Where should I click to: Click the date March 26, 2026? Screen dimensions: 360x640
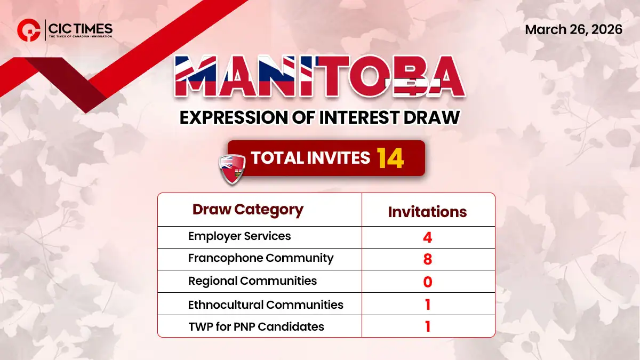coord(573,29)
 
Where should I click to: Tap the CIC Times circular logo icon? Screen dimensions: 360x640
coord(28,30)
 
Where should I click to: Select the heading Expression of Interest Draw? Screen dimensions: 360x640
coord(319,117)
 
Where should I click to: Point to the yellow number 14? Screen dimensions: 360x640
coord(390,158)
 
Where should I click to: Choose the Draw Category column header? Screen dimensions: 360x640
coord(247,210)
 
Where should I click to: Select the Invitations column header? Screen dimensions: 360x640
coord(427,212)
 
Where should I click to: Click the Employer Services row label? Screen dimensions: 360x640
coord(239,236)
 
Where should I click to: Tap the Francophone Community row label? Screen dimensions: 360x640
coord(261,258)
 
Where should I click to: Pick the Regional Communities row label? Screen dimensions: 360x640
coord(252,281)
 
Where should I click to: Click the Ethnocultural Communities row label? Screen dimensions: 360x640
coord(266,305)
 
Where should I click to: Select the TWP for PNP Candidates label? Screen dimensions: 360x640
coord(256,326)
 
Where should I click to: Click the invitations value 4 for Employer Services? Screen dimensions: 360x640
coord(427,237)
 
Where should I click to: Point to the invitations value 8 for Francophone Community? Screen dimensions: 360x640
coord(427,259)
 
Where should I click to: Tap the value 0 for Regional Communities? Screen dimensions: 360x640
coord(427,282)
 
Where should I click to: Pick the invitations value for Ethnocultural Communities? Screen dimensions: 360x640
coord(427,305)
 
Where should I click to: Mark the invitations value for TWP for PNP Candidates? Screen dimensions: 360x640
coord(427,326)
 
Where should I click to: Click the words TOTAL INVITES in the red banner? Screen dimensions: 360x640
coord(310,158)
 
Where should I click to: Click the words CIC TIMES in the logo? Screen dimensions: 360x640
coord(80,27)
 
